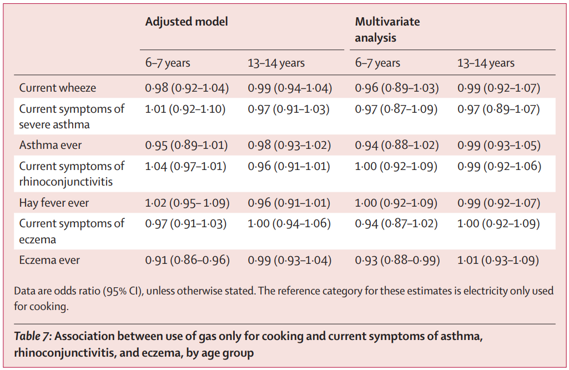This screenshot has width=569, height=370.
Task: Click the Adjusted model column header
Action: click(187, 22)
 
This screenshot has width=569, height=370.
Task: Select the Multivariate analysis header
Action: click(387, 29)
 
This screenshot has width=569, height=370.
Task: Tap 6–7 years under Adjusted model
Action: click(168, 63)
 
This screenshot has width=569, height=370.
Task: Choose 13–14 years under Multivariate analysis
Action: click(486, 63)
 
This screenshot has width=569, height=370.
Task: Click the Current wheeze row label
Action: click(58, 88)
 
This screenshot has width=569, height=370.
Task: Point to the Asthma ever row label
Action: click(51, 145)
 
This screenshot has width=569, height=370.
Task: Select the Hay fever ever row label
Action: click(54, 203)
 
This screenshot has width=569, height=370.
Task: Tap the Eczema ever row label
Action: click(49, 260)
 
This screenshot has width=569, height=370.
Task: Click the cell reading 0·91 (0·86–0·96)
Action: click(187, 260)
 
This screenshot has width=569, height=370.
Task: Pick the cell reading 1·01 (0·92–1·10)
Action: click(185, 109)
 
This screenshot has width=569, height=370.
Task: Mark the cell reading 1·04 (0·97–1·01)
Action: click(185, 166)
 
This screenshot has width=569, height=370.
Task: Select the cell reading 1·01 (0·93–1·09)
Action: click(498, 260)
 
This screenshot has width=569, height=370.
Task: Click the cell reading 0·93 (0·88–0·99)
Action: click(397, 260)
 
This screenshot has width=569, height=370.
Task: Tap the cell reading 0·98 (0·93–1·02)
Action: click(289, 145)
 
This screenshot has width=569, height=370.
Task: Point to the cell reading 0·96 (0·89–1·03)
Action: click(397, 88)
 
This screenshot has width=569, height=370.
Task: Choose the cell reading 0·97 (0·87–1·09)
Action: click(396, 109)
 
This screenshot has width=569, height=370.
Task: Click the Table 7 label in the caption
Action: click(33, 336)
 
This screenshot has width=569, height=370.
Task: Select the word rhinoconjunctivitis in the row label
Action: click(66, 182)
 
